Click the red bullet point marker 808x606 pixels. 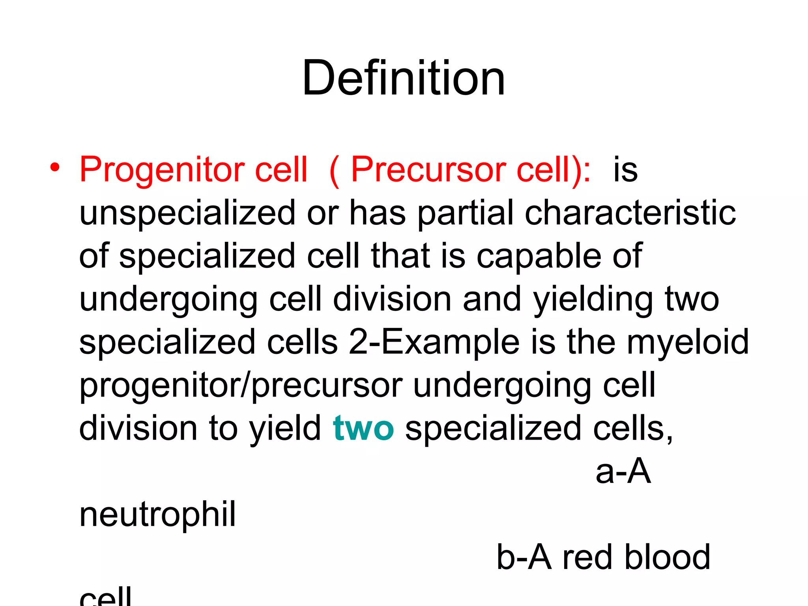(55, 167)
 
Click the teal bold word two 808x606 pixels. (363, 428)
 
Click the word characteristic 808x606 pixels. (630, 213)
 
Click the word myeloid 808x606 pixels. (687, 342)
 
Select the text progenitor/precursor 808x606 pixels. (241, 385)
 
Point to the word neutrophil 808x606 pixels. (157, 514)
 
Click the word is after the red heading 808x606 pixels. (625, 170)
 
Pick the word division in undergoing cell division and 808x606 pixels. (392, 299)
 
